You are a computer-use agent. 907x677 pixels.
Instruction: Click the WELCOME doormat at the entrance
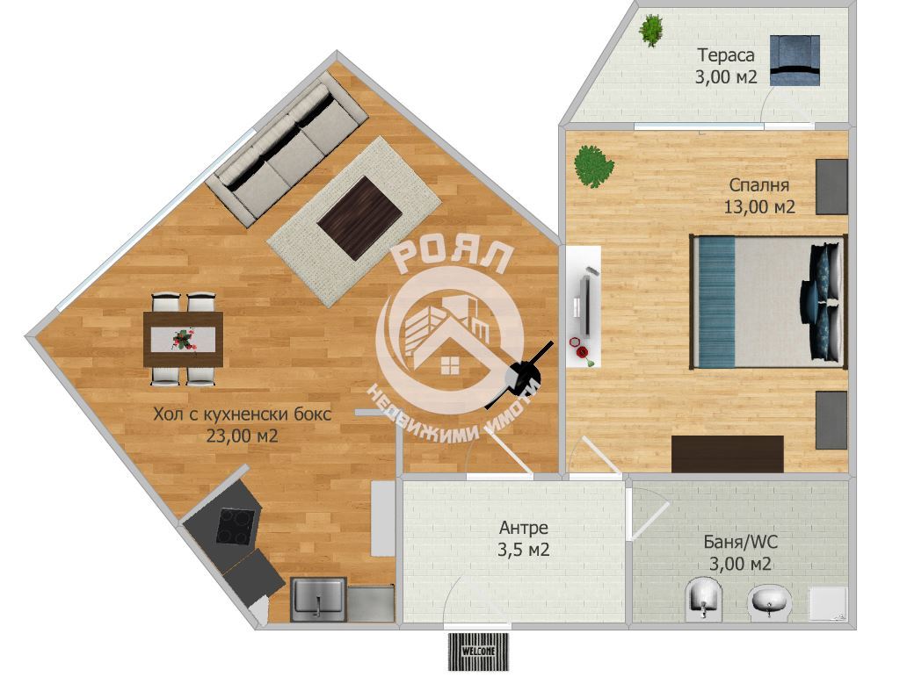[478, 652]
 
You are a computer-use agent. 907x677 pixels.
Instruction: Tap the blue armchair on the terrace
[795, 60]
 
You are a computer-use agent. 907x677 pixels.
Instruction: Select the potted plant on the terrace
[651, 30]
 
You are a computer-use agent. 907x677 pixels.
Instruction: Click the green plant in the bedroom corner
[593, 167]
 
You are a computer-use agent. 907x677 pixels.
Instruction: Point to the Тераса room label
[726, 55]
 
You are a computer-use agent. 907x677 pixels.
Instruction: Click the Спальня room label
[759, 185]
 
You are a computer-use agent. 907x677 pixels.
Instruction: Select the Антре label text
[524, 528]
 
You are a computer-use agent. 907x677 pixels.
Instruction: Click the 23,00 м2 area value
[243, 436]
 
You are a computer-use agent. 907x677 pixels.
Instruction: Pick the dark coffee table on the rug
[359, 218]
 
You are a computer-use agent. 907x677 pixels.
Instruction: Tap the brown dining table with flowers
[184, 339]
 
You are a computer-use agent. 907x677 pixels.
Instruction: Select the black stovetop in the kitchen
[236, 526]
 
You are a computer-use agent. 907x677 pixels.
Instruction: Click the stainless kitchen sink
[318, 599]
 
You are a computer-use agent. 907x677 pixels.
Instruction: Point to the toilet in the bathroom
[704, 599]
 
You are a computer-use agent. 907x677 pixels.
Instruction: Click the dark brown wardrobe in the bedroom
[728, 454]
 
